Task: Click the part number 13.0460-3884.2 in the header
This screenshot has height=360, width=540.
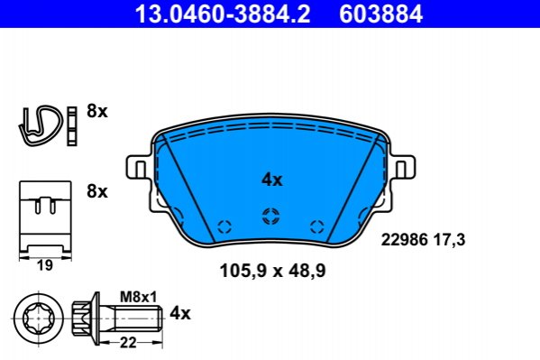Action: coord(223,14)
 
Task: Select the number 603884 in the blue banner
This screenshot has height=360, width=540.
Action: coord(381,14)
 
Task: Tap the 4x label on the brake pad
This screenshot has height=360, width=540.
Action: coord(271,180)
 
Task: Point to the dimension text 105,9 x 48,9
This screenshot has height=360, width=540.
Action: coord(272,271)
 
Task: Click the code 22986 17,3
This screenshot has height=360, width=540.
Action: coord(423,239)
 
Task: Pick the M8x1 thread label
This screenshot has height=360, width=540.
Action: coord(138,296)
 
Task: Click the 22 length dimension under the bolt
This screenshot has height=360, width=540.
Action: coord(128,343)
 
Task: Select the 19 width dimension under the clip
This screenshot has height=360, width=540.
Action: coord(45,265)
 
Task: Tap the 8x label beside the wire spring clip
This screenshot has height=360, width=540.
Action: coord(97,111)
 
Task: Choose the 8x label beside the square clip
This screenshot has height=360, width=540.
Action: coord(97,190)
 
